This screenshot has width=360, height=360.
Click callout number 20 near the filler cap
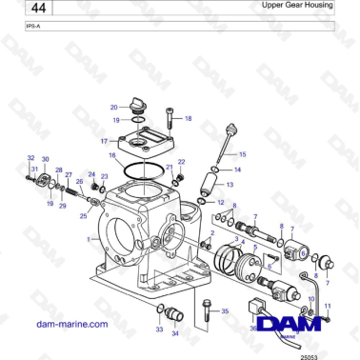[113, 108]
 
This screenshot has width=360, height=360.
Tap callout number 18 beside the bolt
[188, 119]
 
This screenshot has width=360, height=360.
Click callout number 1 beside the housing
[89, 240]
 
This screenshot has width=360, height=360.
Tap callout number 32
[30, 158]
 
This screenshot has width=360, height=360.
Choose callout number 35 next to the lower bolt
[225, 311]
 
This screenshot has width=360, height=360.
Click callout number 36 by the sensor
[253, 329]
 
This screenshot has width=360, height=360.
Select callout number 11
[328, 305]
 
